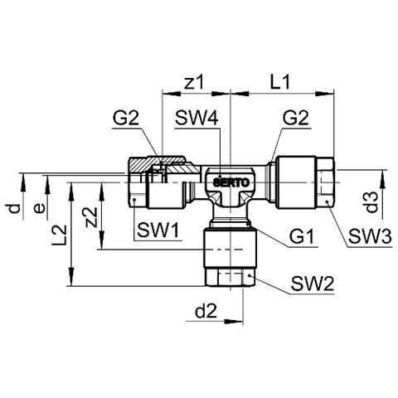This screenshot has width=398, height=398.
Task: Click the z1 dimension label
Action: point(194,82)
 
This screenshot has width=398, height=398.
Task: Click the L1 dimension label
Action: point(280,82)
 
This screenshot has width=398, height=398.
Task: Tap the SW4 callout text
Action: point(197,118)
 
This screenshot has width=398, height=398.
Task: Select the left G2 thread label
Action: point(125,118)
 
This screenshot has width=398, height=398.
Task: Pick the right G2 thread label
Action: point(295,118)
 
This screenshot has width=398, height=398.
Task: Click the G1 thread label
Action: point(302,237)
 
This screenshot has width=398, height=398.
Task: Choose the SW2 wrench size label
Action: point(313,284)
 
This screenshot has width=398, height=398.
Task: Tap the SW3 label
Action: point(370,237)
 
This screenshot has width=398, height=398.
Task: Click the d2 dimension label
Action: point(206,312)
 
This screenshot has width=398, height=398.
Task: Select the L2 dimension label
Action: point(60,235)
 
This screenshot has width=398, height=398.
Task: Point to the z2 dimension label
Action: point(91,217)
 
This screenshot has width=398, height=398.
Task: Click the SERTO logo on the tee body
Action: point(231,182)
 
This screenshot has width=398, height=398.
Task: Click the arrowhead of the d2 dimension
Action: point(234,322)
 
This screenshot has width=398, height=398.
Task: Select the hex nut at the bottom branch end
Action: point(230,277)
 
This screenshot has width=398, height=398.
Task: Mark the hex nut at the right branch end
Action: point(325,182)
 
